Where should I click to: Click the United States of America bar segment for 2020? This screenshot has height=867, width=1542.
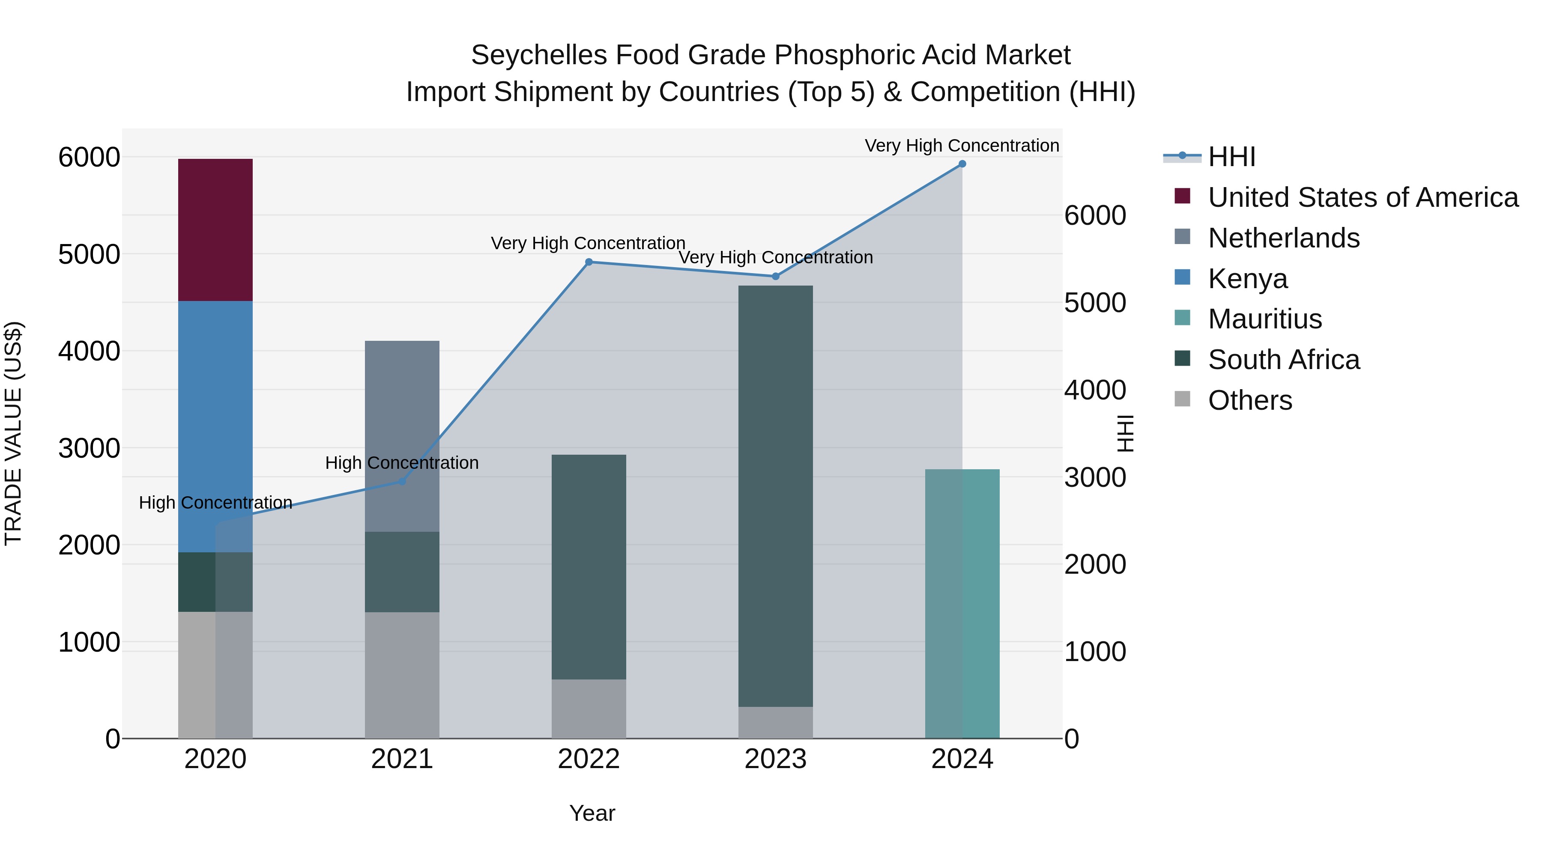point(215,230)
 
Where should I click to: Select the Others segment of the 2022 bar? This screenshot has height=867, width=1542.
point(589,709)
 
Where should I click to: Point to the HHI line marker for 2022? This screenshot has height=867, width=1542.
point(589,262)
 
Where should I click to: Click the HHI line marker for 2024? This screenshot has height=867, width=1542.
point(962,164)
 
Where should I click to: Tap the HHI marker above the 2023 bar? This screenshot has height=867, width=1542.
point(775,277)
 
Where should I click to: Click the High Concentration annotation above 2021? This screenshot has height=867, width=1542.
point(402,463)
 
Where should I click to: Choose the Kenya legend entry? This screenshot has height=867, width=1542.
point(1247,279)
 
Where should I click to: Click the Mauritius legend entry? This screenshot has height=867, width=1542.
point(1264,319)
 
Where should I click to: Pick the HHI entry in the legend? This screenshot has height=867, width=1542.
point(1231,157)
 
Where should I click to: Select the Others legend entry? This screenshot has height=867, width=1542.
point(1249,400)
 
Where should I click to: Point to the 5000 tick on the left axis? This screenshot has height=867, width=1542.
point(89,254)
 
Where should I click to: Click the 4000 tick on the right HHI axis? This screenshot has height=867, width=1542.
point(1095,390)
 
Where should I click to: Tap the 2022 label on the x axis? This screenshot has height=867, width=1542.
point(589,759)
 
